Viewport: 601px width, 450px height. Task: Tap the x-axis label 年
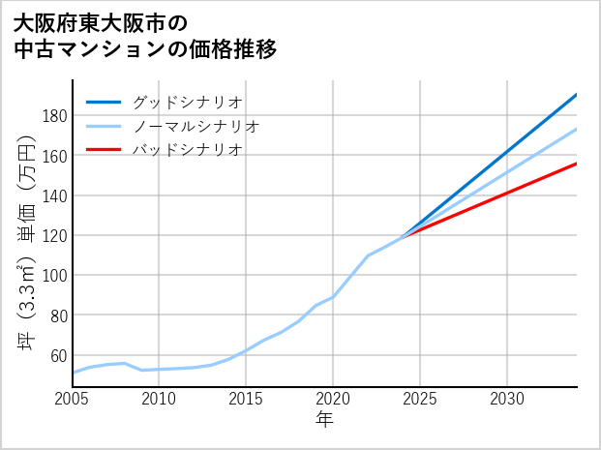click(x=324, y=420)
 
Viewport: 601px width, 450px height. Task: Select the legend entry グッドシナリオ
click(x=187, y=102)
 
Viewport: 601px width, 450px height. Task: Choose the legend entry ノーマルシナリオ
click(x=195, y=126)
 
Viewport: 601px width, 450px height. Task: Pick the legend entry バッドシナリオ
click(x=187, y=150)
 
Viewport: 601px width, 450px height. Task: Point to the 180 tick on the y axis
click(x=54, y=116)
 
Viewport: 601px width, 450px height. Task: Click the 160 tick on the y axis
click(x=54, y=156)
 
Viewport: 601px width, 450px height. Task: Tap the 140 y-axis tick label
click(x=54, y=195)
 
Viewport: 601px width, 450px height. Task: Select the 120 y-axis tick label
click(x=54, y=235)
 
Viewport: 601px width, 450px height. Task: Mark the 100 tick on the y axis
click(x=54, y=275)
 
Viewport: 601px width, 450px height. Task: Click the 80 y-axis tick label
click(x=58, y=315)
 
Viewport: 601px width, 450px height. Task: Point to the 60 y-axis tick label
click(x=58, y=355)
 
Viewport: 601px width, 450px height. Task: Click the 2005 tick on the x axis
click(x=73, y=399)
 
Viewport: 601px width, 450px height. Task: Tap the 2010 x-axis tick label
click(x=160, y=399)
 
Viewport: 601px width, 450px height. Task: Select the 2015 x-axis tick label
click(x=247, y=399)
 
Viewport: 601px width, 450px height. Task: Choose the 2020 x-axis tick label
click(x=333, y=399)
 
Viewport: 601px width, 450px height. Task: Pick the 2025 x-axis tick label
click(x=420, y=399)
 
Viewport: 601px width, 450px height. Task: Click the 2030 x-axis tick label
click(x=507, y=399)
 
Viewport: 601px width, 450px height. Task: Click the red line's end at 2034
click(x=577, y=163)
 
